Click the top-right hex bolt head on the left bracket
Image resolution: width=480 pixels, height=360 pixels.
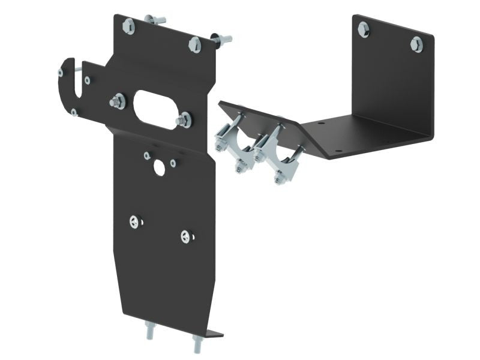coord(194,44)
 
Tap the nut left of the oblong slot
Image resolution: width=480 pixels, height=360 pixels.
coord(118,101)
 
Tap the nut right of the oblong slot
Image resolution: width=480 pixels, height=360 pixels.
coord(185,121)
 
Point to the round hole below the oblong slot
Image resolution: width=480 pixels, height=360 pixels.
coord(159,167)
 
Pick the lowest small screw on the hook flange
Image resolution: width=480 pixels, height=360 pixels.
coord(74,112)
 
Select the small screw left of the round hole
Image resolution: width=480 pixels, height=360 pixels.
coord(147,156)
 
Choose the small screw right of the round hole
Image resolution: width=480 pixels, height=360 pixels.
coord(173,163)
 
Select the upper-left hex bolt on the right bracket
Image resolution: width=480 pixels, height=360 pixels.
coord(364,29)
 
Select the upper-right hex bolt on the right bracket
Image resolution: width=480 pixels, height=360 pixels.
coord(416,44)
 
